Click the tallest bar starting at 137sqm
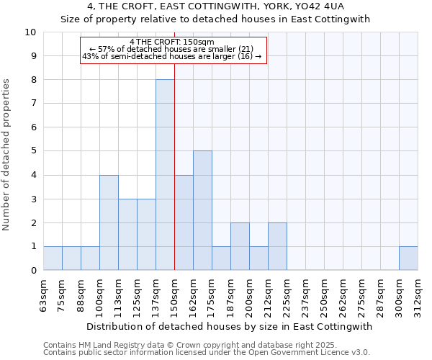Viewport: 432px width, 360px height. (x=165, y=175)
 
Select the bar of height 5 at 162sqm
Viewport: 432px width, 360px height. (x=202, y=210)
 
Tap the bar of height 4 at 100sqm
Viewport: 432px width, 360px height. (x=109, y=222)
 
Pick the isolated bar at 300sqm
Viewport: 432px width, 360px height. (x=408, y=258)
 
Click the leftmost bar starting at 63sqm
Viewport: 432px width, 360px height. (x=53, y=258)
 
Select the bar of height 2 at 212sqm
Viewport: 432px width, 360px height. (x=277, y=246)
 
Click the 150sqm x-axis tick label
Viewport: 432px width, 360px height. (x=174, y=295)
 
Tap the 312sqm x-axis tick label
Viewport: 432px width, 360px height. (x=418, y=295)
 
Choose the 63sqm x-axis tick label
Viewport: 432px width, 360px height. (x=44, y=295)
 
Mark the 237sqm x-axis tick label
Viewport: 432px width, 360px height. (x=305, y=295)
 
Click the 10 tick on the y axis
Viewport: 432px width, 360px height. (x=30, y=32)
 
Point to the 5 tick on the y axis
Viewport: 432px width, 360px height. (x=33, y=151)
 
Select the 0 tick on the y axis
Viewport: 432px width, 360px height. (x=33, y=271)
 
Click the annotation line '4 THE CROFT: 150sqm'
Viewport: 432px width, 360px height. (x=172, y=42)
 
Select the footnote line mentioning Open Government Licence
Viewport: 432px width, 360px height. (x=207, y=353)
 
